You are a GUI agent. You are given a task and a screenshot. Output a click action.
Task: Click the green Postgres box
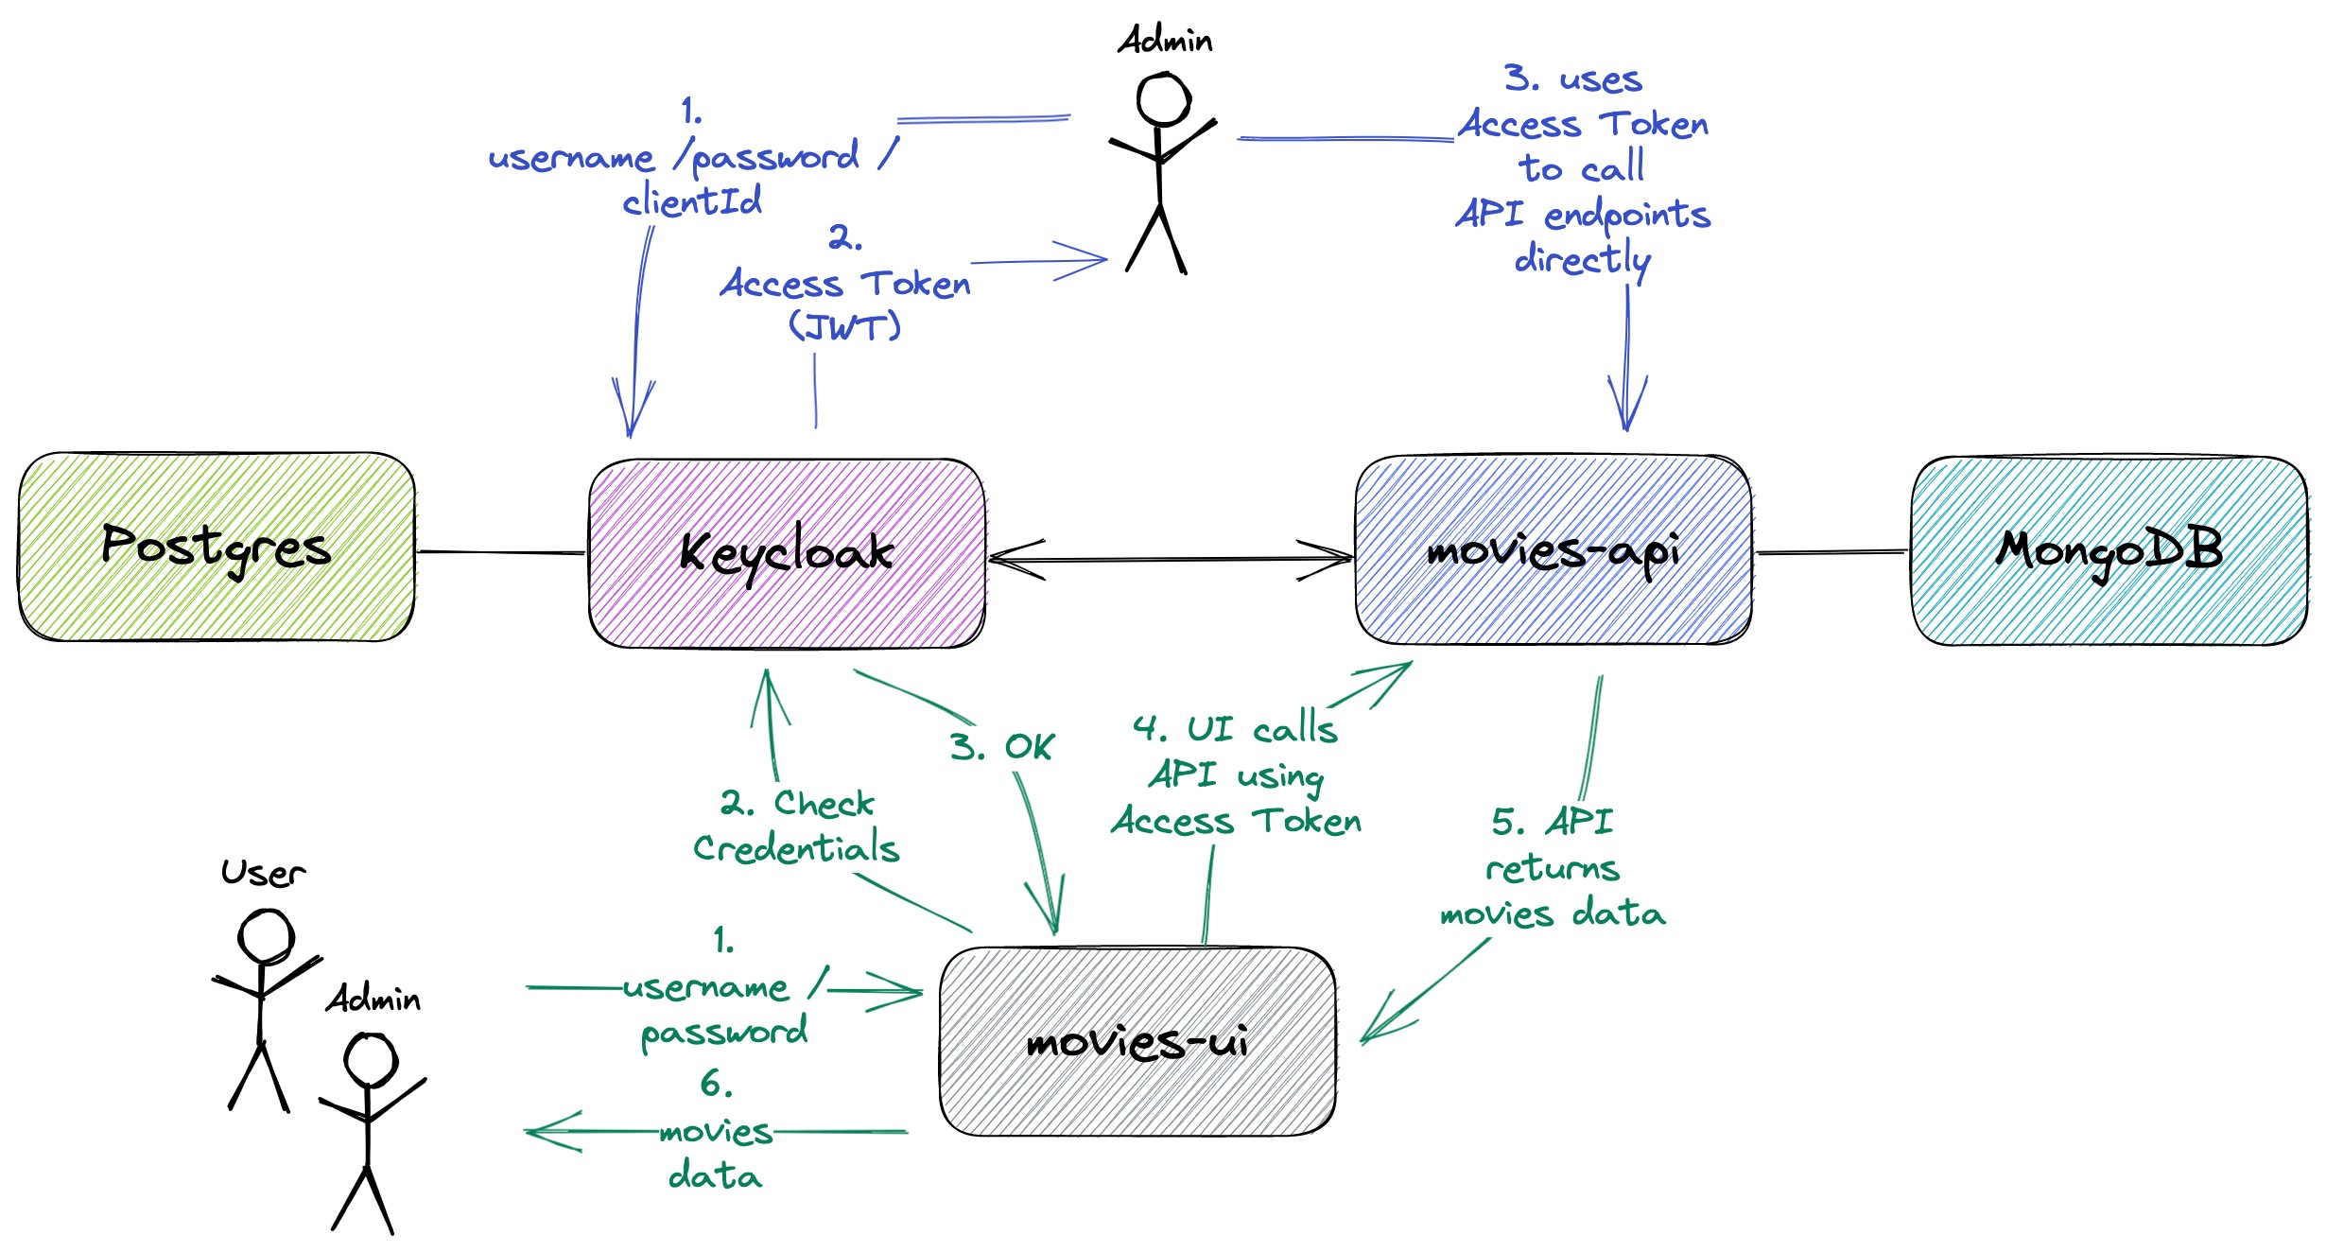tap(216, 548)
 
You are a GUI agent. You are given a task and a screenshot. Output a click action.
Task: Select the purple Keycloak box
tap(787, 553)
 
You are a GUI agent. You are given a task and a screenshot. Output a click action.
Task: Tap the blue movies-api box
tap(1553, 550)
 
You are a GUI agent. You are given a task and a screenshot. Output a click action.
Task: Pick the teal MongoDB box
tap(2109, 551)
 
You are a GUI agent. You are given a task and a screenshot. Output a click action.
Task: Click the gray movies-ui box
tap(1137, 1041)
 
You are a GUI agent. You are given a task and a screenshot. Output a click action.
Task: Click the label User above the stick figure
tap(263, 873)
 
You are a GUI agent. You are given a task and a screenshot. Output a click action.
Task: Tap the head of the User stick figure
tap(266, 937)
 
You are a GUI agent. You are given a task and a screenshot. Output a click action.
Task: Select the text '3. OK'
tap(1001, 747)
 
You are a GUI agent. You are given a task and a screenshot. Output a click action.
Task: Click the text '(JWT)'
tap(844, 327)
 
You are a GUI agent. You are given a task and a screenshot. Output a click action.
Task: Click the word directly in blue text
tap(1582, 259)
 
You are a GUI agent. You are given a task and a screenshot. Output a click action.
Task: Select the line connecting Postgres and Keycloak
tap(501, 552)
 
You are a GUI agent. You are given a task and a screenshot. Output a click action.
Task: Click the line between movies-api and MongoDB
tap(1831, 552)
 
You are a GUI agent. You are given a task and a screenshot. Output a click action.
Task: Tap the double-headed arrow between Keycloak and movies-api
tap(1171, 560)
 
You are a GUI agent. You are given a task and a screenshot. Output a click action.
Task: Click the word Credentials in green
tap(796, 848)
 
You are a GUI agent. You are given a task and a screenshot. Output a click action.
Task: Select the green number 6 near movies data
tap(715, 1084)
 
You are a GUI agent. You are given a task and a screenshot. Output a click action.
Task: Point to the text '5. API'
tap(1552, 821)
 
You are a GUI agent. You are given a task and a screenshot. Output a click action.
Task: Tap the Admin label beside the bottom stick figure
tap(373, 999)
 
